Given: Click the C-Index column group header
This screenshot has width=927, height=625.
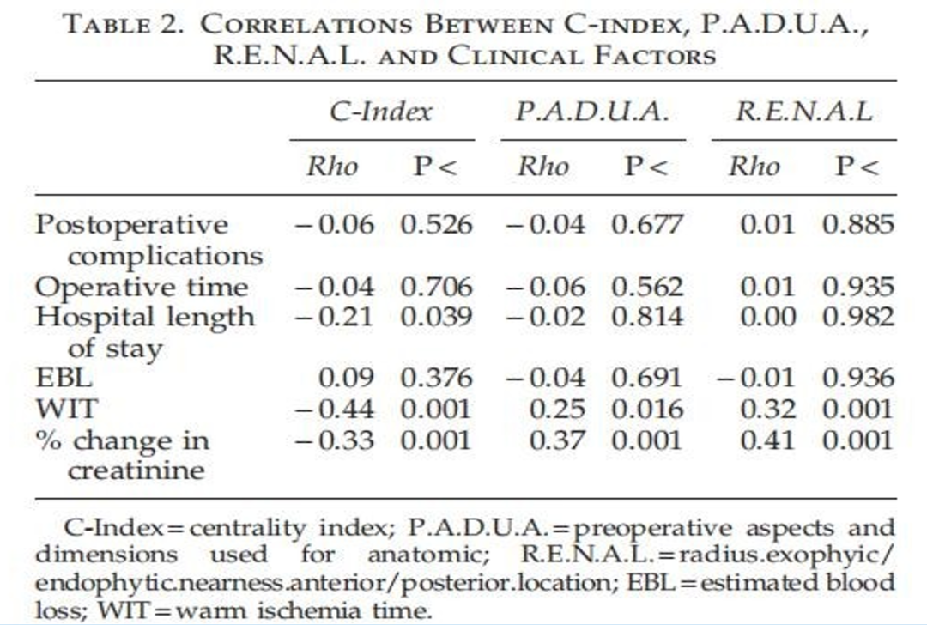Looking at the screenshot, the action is point(381,112).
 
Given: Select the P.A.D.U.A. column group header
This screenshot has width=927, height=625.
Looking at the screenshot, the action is point(592,112).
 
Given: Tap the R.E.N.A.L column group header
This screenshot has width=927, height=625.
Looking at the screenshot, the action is point(804,112).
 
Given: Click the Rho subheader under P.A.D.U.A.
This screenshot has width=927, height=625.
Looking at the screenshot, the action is point(543,167).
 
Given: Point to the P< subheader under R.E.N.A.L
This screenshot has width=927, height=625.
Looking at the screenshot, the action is point(857,167).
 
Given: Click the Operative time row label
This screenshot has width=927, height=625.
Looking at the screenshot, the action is point(142,288).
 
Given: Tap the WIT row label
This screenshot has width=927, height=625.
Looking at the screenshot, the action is point(66,410).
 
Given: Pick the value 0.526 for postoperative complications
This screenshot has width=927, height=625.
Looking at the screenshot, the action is point(436,225).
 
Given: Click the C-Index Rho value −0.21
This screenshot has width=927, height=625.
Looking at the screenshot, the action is point(334,318).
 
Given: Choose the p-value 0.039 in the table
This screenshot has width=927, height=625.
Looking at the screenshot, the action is point(436,318).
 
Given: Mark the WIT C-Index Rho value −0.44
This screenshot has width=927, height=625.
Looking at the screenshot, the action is point(334,410).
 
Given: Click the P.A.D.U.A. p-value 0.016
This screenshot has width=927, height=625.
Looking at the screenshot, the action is point(647,410).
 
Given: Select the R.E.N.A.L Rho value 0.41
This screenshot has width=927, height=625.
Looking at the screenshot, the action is point(768,440).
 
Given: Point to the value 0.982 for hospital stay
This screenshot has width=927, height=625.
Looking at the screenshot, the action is point(857,318).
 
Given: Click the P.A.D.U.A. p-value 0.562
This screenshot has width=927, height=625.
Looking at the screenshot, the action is point(647,288).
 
